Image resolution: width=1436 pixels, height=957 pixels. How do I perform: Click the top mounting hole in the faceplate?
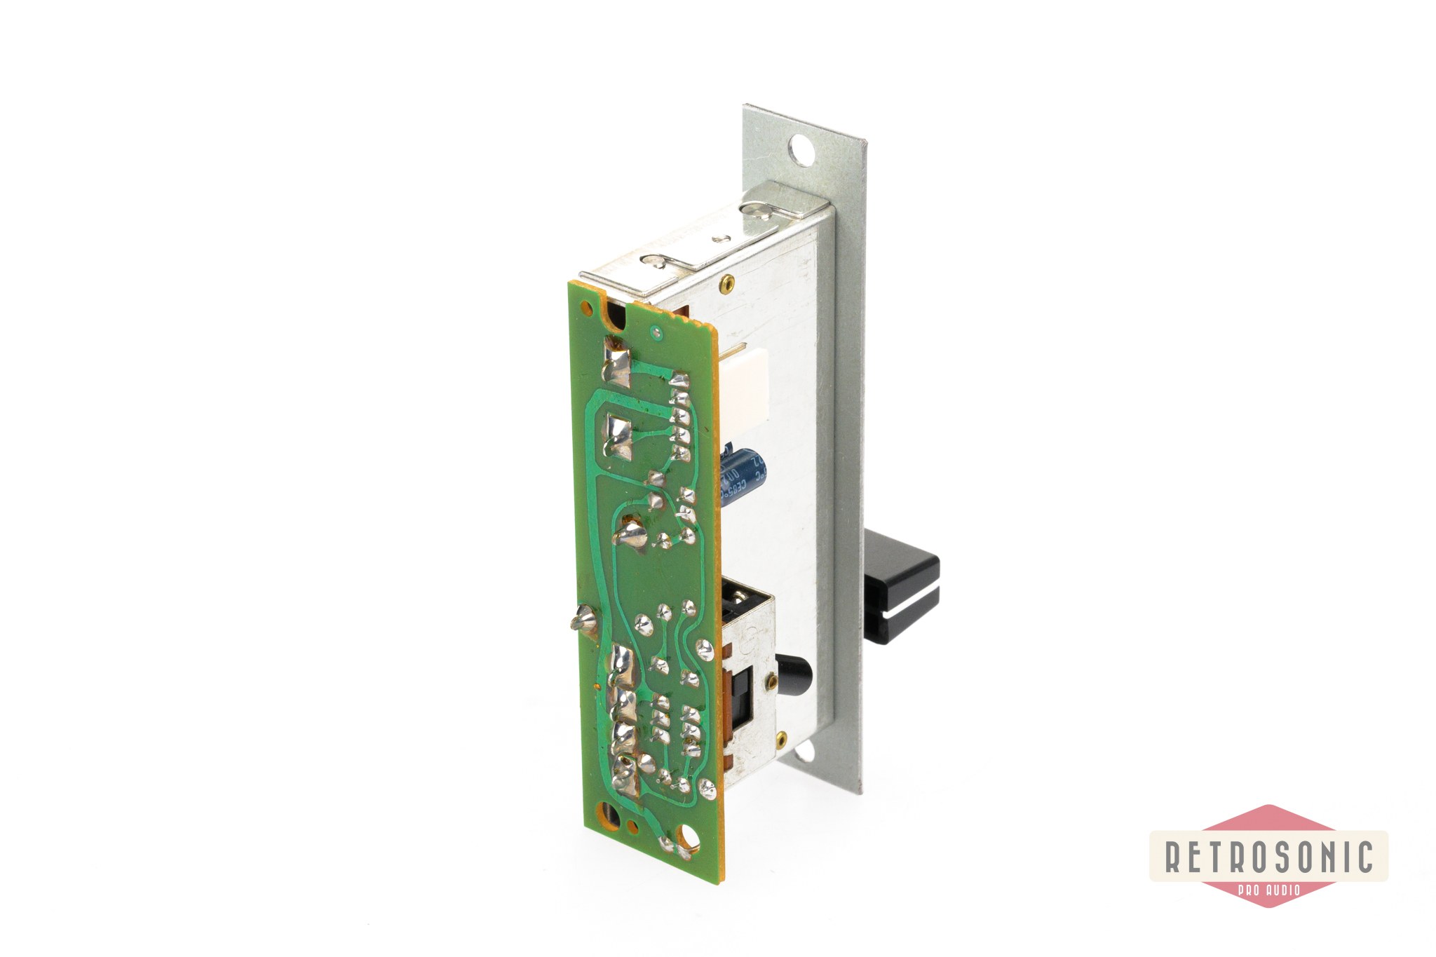(799, 149)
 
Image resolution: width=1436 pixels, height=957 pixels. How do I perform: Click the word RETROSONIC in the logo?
(1268, 856)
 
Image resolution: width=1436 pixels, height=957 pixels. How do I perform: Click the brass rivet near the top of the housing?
(726, 282)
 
